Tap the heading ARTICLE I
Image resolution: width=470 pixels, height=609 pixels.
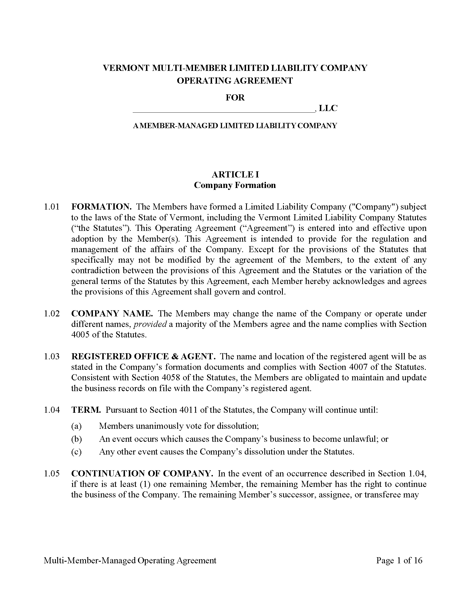click(235, 175)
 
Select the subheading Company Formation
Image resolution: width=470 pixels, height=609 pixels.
click(235, 185)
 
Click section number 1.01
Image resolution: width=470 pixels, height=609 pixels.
click(51, 207)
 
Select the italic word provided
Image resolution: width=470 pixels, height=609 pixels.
click(150, 324)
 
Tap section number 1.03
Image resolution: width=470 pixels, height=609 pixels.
click(51, 357)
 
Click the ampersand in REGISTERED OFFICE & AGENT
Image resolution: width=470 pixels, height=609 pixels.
click(175, 357)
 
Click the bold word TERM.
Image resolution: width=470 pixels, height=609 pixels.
click(86, 410)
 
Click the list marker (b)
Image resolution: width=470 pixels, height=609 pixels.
click(76, 439)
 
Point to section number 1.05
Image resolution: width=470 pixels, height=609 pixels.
click(51, 474)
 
